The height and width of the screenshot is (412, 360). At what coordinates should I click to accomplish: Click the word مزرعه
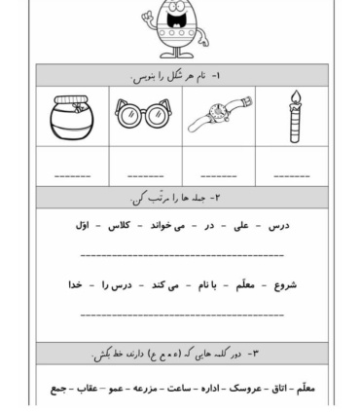point(142,387)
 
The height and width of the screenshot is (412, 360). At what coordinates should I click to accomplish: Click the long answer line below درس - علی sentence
point(181,255)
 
